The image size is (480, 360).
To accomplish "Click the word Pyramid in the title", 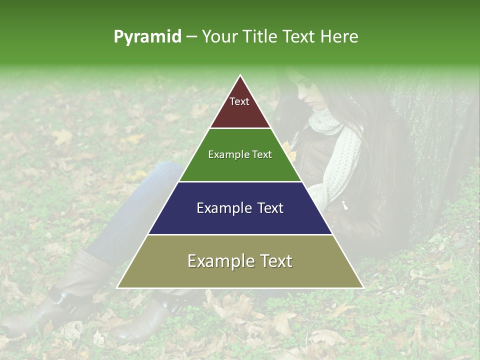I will [x=147, y=37].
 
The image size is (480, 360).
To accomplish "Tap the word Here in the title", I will [x=339, y=37].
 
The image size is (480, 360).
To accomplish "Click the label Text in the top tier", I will [x=239, y=101].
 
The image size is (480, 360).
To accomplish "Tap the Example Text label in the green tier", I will [x=240, y=154].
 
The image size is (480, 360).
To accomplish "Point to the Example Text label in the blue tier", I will [x=240, y=208].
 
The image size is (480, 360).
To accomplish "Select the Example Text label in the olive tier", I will [x=240, y=261].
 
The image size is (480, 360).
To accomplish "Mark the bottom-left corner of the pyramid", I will [x=117, y=288].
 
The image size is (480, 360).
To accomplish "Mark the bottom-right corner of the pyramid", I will [x=363, y=288].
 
